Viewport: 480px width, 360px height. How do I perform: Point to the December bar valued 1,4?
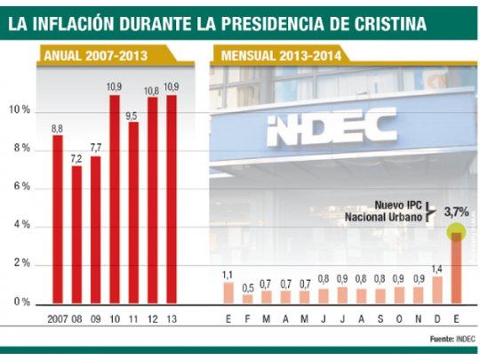436,290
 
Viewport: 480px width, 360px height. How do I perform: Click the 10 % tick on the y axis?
20,110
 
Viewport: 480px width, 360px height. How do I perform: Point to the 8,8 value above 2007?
57,129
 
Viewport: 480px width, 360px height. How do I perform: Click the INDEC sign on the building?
331,127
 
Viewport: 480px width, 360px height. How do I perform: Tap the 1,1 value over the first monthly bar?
228,274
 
